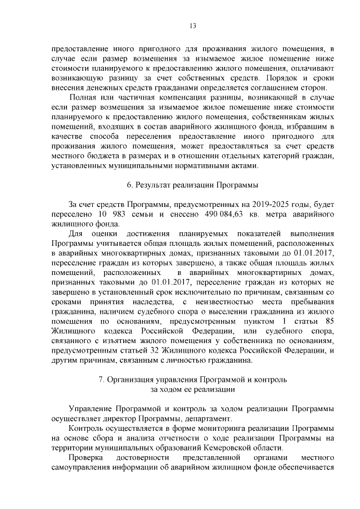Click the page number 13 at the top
[192, 25]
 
